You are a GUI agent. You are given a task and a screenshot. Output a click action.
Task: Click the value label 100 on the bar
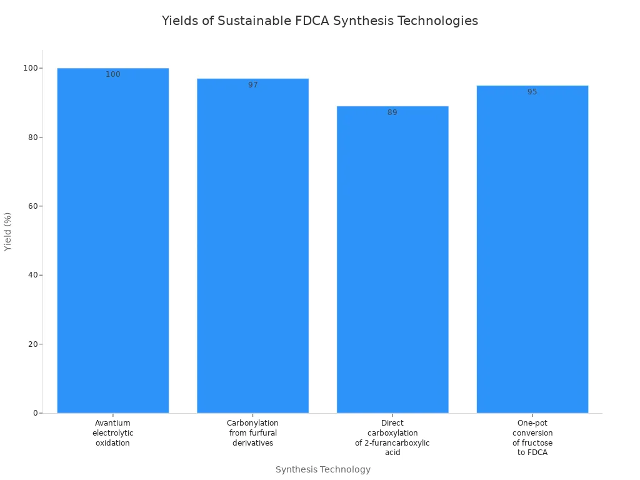click(113, 74)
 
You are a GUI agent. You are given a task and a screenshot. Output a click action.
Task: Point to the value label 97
click(252, 85)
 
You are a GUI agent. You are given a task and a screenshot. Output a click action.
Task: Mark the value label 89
click(392, 112)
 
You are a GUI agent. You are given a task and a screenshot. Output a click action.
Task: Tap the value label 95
click(532, 92)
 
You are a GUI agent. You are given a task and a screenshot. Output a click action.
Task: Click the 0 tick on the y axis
click(35, 413)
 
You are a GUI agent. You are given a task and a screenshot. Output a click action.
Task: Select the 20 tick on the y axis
click(32, 344)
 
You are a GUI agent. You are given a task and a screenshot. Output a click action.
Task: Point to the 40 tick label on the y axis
click(32, 275)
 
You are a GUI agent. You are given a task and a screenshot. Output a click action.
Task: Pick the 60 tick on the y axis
click(32, 206)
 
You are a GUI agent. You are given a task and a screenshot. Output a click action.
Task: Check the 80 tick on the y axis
click(32, 137)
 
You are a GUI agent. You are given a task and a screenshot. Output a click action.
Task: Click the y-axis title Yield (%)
click(8, 231)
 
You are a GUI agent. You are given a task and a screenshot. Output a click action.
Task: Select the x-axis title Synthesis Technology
click(323, 469)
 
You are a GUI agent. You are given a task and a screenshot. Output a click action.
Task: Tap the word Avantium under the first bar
click(113, 423)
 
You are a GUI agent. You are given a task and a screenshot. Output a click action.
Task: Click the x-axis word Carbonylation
click(252, 423)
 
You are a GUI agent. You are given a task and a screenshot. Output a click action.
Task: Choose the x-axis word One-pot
click(532, 423)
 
